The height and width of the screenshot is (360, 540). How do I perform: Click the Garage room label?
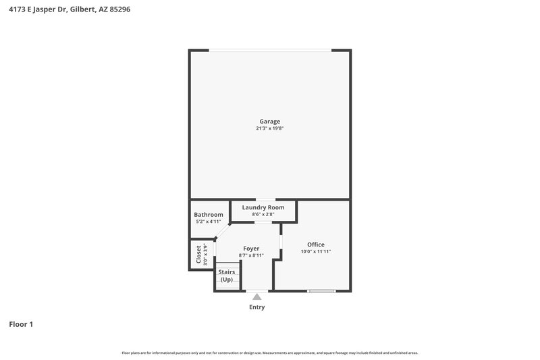coord(269,122)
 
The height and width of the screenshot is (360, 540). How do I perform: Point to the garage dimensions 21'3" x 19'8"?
coord(269,128)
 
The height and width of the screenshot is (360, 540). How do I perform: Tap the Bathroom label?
coord(209,215)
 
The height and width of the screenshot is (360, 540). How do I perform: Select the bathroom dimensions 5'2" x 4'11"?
coord(209,222)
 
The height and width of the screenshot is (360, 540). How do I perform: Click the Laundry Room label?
coord(263,207)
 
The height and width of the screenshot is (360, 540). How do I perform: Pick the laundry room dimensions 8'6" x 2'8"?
coord(263,214)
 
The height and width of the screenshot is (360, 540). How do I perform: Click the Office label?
coord(316,245)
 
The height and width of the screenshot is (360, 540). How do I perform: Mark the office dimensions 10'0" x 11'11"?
coord(316,252)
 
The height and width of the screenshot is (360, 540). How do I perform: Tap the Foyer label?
coord(250,249)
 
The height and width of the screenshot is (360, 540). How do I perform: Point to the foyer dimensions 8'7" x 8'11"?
coord(250,255)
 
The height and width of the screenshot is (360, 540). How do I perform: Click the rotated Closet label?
coord(198,255)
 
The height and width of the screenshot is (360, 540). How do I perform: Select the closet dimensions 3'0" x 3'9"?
coord(206,255)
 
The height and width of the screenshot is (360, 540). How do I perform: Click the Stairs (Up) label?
coord(226,276)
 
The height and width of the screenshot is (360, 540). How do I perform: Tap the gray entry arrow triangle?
coord(256,296)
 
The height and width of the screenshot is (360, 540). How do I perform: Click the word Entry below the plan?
coord(256,307)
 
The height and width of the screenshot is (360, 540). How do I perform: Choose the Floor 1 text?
coord(21,324)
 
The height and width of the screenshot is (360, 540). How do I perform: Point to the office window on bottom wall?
coord(321,291)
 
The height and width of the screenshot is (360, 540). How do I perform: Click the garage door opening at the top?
coord(269,49)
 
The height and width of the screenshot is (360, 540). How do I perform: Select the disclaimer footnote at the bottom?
coord(269,353)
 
